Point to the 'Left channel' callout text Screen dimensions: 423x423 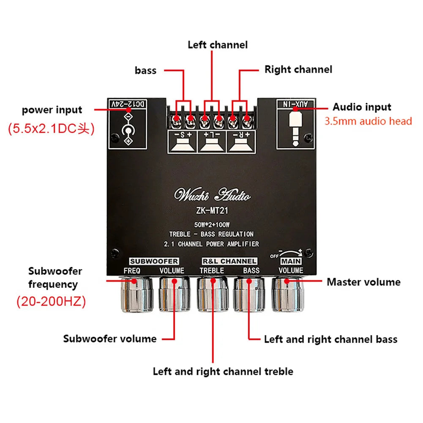[218, 45]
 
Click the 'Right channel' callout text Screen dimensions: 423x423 [298, 69]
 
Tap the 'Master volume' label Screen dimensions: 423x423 [363, 282]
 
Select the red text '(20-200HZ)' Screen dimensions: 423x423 [51, 302]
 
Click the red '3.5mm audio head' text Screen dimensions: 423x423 [368, 121]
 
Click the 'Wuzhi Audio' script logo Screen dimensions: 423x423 [213, 196]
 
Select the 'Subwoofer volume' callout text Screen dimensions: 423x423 [110, 338]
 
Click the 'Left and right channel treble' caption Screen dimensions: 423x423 [223, 371]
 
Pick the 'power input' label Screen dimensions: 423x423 [52, 110]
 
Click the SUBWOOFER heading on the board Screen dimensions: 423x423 [153, 261]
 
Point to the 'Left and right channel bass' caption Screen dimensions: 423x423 [330, 339]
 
